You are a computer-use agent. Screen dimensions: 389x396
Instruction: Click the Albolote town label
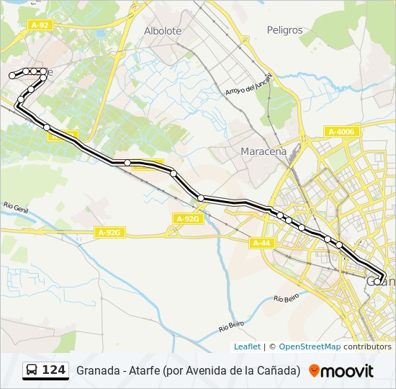point(163,31)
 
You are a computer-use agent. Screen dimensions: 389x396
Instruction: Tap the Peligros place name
point(284,30)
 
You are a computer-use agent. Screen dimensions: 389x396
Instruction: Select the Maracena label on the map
point(263,151)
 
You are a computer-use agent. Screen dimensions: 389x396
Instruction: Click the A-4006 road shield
point(341,131)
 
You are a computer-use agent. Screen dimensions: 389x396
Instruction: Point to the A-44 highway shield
point(261,243)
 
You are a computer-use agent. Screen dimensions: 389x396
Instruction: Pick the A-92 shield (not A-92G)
point(40,24)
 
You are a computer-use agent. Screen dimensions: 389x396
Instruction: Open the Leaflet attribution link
point(247,346)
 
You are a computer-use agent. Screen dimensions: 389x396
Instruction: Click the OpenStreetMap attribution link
point(310,346)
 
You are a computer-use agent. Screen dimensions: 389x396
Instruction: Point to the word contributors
point(367,346)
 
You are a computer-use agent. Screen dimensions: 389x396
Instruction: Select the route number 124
point(53,370)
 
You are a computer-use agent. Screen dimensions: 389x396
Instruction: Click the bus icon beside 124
point(32,370)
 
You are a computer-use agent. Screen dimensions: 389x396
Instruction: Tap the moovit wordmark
point(347,371)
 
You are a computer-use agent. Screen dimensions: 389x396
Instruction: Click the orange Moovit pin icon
point(314,370)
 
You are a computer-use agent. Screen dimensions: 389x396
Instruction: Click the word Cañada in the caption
point(276,371)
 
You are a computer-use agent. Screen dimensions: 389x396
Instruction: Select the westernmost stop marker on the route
point(12,76)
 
